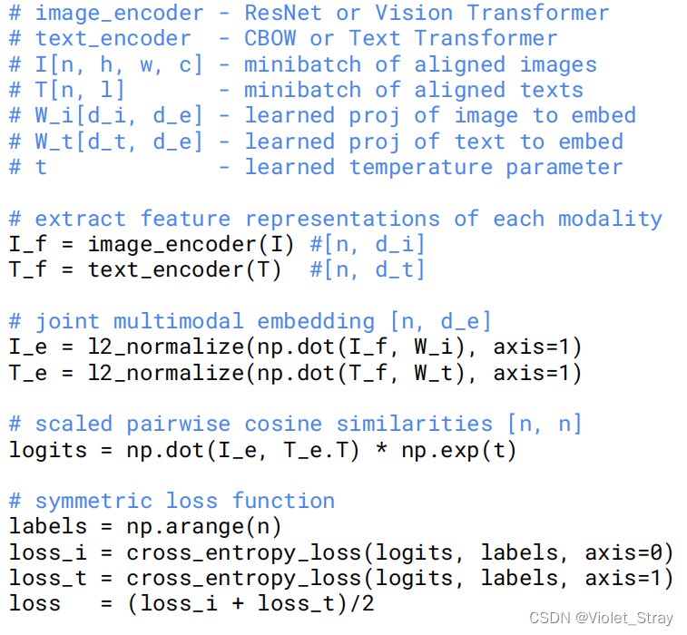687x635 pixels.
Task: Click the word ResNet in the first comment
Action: click(x=283, y=14)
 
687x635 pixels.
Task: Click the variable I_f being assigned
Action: click(x=28, y=244)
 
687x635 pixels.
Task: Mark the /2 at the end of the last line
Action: click(x=362, y=604)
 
